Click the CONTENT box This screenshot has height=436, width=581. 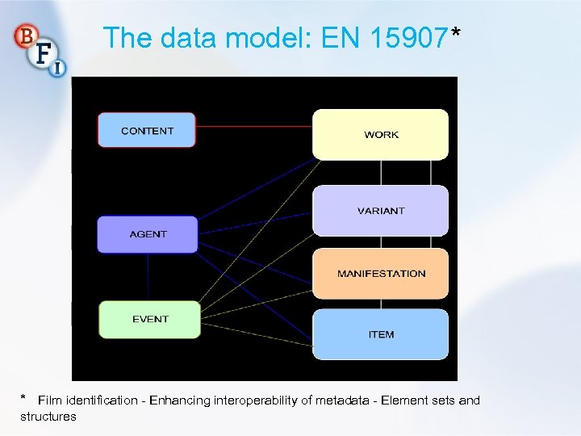coord(147,130)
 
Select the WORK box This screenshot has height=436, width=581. coord(380,134)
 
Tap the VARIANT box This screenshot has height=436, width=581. coord(380,211)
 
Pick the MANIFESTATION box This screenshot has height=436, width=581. coord(380,273)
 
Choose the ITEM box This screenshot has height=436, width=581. coord(380,333)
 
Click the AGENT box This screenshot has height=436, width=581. coord(148,234)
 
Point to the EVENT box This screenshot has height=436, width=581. coord(149,319)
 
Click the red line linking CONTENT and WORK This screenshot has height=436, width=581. coord(254,126)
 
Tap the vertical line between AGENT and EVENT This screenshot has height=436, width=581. coord(148,277)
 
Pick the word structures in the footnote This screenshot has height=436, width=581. coord(48,417)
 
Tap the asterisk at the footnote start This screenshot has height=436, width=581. coord(24,398)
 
